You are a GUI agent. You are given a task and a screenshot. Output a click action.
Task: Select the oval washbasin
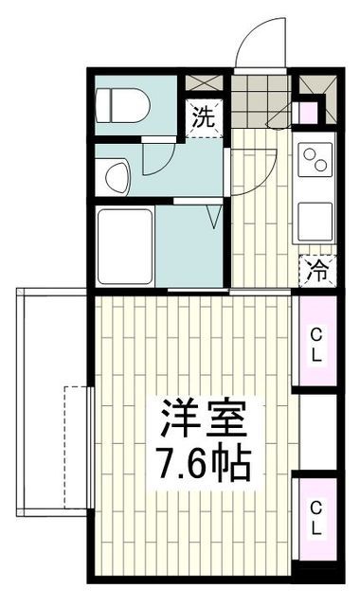click(117, 175)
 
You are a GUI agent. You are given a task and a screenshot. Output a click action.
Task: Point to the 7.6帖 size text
click(201, 464)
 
